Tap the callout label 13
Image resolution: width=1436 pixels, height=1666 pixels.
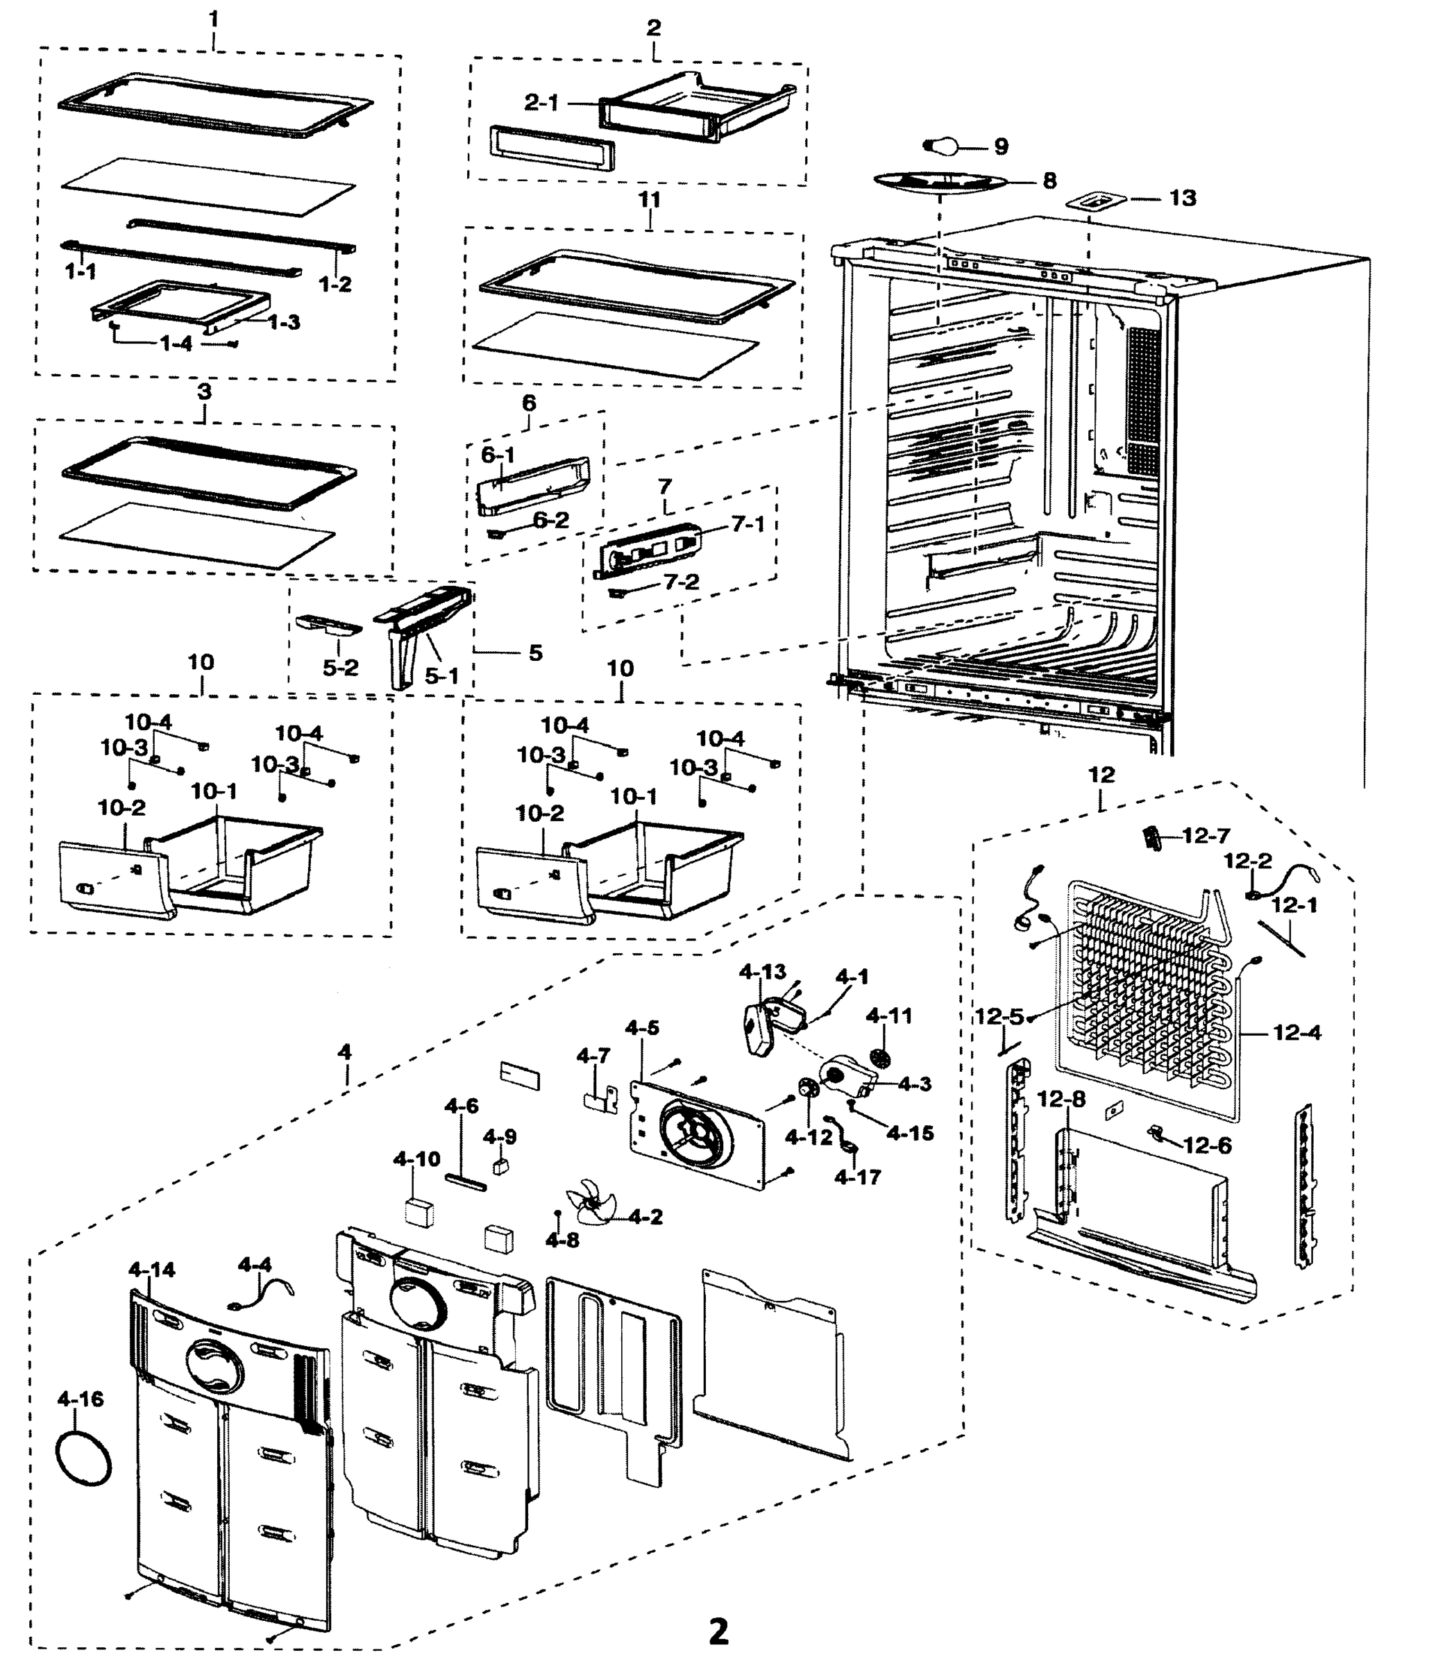(x=1182, y=197)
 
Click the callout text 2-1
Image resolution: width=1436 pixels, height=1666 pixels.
(x=541, y=103)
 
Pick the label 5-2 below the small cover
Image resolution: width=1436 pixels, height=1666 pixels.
(x=340, y=667)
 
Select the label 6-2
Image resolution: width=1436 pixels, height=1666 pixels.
(x=551, y=520)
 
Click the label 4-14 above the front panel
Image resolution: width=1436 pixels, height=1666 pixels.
(x=151, y=1270)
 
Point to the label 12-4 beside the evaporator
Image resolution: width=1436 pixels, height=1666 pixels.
(x=1297, y=1032)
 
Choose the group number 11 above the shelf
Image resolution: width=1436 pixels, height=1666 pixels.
(x=649, y=199)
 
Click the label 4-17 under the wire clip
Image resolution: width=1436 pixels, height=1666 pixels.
(x=857, y=1177)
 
